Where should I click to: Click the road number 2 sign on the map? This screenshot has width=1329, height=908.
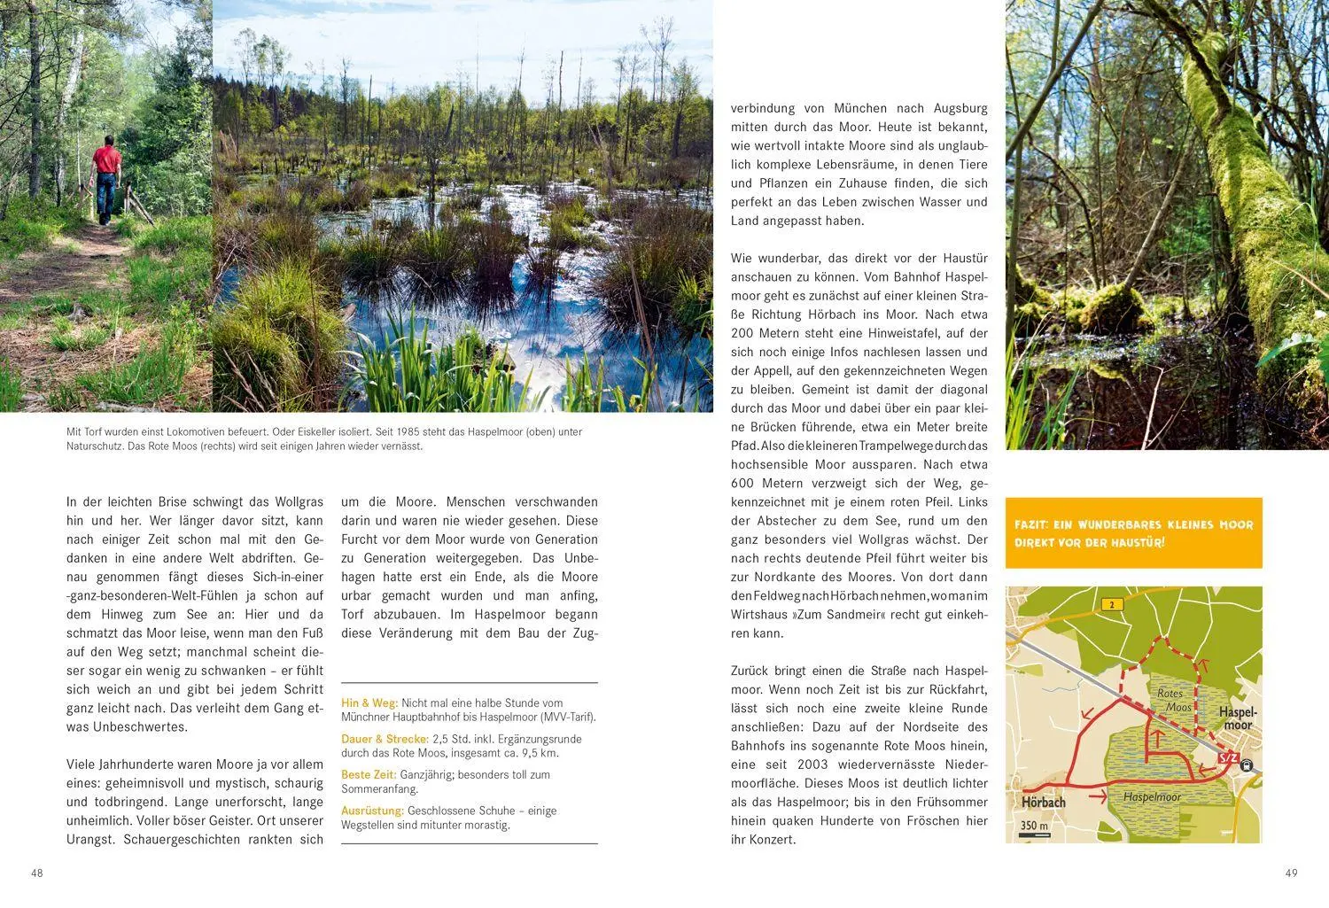1111,605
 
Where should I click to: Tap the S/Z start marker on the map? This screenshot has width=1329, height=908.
1228,758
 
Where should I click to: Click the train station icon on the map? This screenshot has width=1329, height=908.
1247,766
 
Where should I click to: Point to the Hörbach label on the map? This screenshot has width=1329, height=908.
1043,803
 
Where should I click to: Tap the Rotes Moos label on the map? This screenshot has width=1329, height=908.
1173,701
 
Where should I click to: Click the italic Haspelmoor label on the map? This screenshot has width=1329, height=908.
1152,797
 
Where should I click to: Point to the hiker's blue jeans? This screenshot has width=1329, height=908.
106,195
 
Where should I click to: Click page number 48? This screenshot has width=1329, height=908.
37,873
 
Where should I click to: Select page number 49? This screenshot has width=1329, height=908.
1291,873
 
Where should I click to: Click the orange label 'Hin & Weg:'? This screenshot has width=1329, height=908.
369,703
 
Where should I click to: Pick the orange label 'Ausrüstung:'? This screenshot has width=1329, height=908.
373,811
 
